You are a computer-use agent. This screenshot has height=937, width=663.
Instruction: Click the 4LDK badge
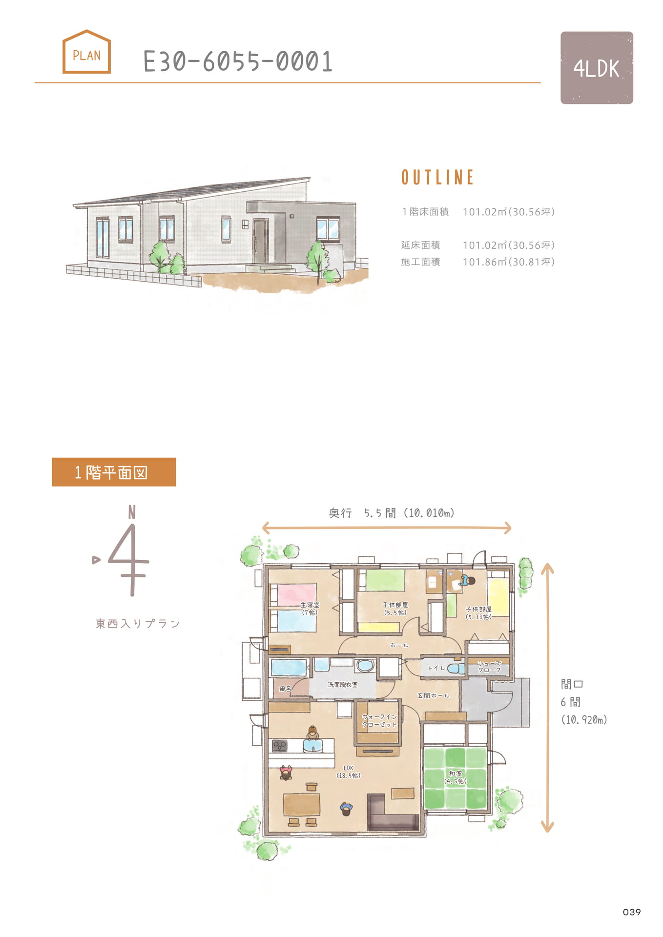point(597,68)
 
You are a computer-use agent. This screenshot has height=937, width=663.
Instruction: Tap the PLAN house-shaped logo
point(86,52)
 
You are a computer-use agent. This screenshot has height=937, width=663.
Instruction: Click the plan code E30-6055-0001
point(238,62)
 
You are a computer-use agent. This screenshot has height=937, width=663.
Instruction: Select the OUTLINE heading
point(437,177)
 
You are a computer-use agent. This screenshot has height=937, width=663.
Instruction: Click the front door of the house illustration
point(260,241)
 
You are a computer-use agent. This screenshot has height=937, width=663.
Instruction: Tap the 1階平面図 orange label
point(114,472)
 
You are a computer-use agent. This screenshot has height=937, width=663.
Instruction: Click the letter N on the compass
point(132,512)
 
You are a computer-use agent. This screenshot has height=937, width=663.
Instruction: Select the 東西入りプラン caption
point(138,623)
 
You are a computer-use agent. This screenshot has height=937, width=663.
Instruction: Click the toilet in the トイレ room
point(456,668)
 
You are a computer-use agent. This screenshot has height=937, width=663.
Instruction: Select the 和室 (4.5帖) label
point(456,777)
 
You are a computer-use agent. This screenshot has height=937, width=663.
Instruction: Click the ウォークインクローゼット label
point(379,720)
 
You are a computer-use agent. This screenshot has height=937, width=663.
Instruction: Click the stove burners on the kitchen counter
point(280,745)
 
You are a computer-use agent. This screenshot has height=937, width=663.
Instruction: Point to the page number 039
point(632,912)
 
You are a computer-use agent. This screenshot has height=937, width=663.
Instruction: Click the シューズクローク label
point(489,667)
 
